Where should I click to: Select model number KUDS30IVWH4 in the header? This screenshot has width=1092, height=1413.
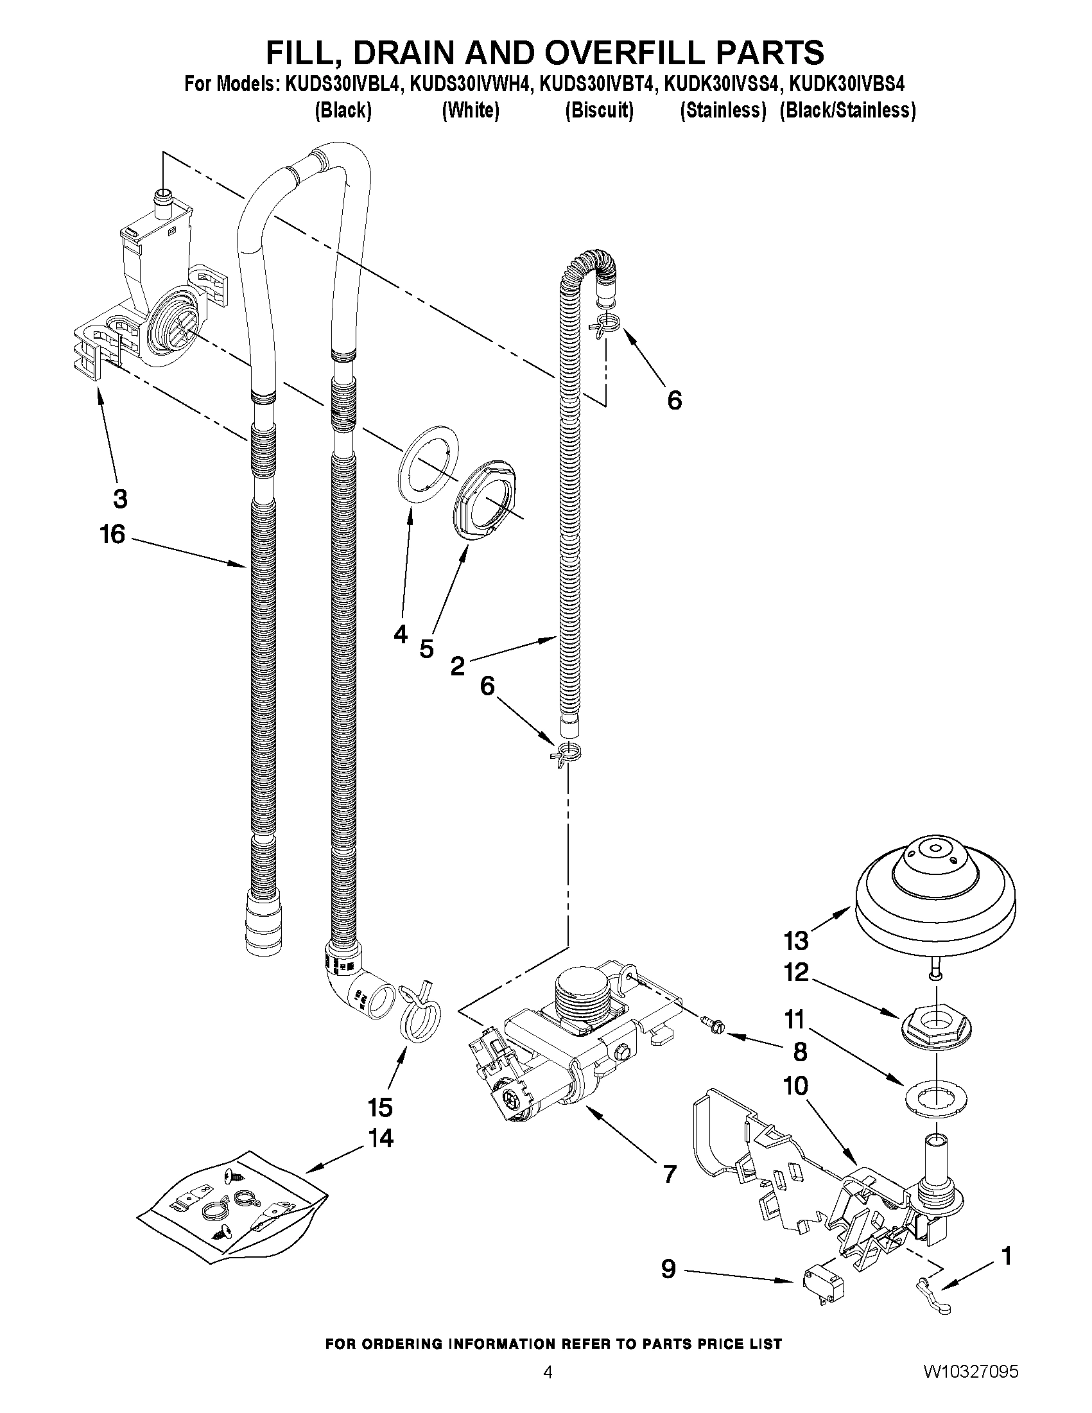[x=469, y=84]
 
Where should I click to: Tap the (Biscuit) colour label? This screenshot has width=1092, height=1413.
[x=598, y=110]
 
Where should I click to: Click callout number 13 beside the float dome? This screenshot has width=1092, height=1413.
[x=795, y=941]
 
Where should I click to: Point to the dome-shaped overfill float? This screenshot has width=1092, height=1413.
[x=935, y=899]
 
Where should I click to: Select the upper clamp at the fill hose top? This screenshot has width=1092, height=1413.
[x=605, y=322]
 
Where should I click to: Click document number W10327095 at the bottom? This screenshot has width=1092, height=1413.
[x=971, y=1385]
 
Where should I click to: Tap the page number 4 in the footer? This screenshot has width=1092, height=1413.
[x=548, y=1385]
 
